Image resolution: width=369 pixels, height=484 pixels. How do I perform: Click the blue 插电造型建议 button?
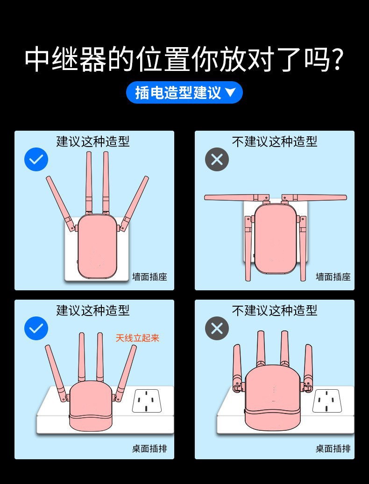tap(184, 92)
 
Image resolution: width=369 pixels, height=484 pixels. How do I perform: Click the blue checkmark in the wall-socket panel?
tap(36, 160)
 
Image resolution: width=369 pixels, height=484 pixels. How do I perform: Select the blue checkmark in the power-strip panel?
tap(36, 328)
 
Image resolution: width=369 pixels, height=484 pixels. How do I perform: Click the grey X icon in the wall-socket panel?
tap(217, 160)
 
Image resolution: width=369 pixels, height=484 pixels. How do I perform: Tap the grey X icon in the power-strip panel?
tap(217, 328)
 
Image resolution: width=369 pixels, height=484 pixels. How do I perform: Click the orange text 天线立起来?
tap(137, 338)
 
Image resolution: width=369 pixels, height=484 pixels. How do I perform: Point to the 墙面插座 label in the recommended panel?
tap(149, 277)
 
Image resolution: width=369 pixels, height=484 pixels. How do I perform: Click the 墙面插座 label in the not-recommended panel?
tap(333, 277)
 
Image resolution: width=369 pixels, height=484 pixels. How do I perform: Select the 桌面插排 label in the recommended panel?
tap(149, 449)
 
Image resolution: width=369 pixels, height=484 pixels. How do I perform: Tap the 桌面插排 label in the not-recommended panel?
tap(333, 449)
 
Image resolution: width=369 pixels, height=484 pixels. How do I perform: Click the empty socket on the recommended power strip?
tap(147, 401)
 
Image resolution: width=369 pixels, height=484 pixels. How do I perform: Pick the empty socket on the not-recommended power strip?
tap(327, 401)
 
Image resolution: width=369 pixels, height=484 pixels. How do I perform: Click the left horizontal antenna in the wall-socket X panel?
tap(236, 197)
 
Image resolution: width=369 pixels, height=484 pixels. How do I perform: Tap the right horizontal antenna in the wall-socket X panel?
tap(314, 197)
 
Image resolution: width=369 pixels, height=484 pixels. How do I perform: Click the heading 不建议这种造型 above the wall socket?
tap(275, 142)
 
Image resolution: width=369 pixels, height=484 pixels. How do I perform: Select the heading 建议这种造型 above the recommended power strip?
tap(92, 310)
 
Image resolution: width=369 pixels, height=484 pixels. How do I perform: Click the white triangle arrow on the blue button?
tap(230, 92)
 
